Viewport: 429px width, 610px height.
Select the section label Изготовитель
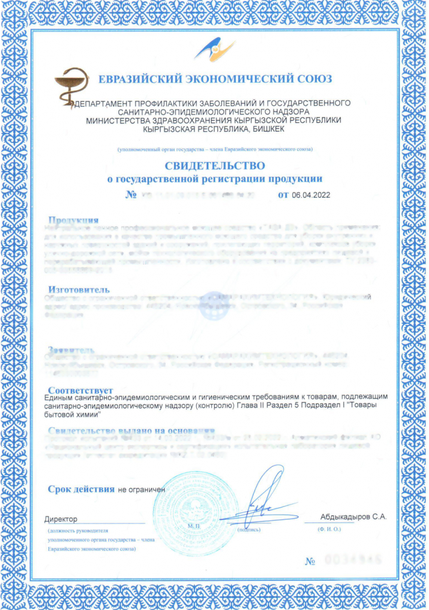(x=77, y=290)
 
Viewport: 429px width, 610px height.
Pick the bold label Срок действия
(x=81, y=489)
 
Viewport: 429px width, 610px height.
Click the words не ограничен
(x=141, y=490)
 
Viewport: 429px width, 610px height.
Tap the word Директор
(x=61, y=518)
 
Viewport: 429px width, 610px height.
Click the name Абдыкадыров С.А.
(x=353, y=517)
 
